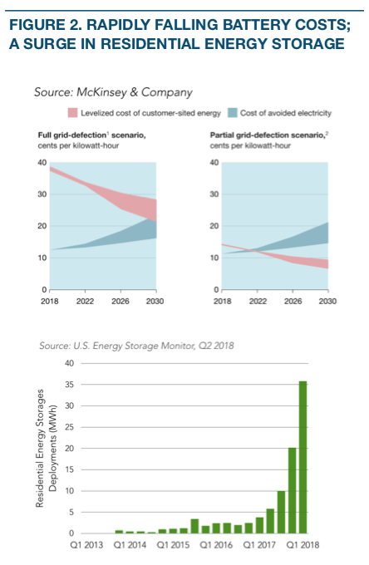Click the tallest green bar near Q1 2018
point(303,457)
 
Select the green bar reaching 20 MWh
point(293,490)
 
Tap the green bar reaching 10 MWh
point(282,512)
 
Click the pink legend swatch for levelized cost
point(73,113)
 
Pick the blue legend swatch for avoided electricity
point(233,113)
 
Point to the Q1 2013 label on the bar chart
point(86,545)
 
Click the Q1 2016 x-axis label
point(216,545)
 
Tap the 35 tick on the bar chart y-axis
point(69,385)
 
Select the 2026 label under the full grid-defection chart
point(121,302)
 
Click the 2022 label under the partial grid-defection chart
point(258,302)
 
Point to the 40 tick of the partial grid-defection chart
point(214,163)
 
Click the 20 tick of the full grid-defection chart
point(42,226)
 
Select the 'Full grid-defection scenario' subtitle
point(92,135)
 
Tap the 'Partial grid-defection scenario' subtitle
point(269,135)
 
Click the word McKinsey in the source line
point(101,92)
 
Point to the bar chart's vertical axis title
point(47,448)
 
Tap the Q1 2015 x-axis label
point(173,545)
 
